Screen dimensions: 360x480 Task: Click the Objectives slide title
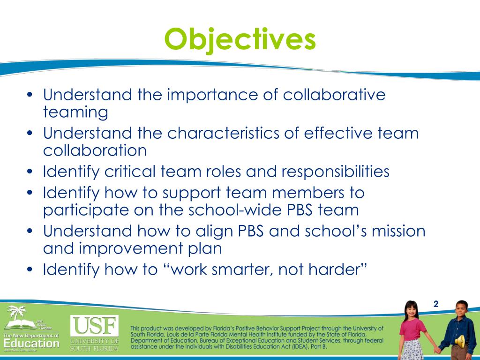(240, 39)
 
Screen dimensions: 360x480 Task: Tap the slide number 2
(435, 304)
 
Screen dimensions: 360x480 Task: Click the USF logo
(94, 325)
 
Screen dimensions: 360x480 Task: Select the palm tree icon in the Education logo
(18, 314)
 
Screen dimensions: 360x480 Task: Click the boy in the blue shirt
(459, 328)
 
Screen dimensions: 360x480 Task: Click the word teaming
(75, 112)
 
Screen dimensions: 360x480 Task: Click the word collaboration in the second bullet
(95, 150)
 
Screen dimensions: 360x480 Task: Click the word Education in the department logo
(31, 344)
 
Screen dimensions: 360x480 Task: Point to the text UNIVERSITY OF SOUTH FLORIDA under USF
(94, 344)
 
